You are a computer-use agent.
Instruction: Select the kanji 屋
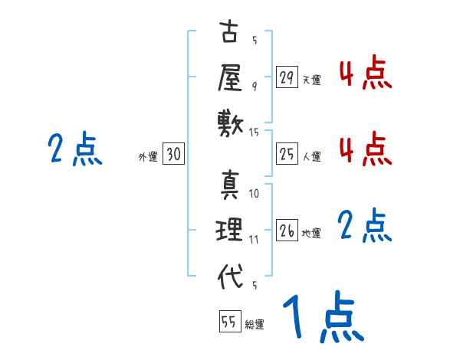[x=229, y=77]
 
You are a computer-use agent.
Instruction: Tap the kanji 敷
[x=229, y=121]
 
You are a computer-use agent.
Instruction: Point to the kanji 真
[x=229, y=185]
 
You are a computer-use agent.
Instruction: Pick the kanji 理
[x=229, y=230]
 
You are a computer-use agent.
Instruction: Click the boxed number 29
[x=287, y=77]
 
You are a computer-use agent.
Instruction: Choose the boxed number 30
[x=173, y=155]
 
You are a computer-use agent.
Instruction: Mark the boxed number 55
[x=228, y=322]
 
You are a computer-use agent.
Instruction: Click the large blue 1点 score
[x=322, y=318]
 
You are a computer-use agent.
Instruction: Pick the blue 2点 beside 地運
[x=365, y=226]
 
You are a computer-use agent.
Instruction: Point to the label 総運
[x=255, y=325]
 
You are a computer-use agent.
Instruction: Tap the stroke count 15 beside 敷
[x=255, y=133]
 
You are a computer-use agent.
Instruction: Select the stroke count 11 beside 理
[x=254, y=239]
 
